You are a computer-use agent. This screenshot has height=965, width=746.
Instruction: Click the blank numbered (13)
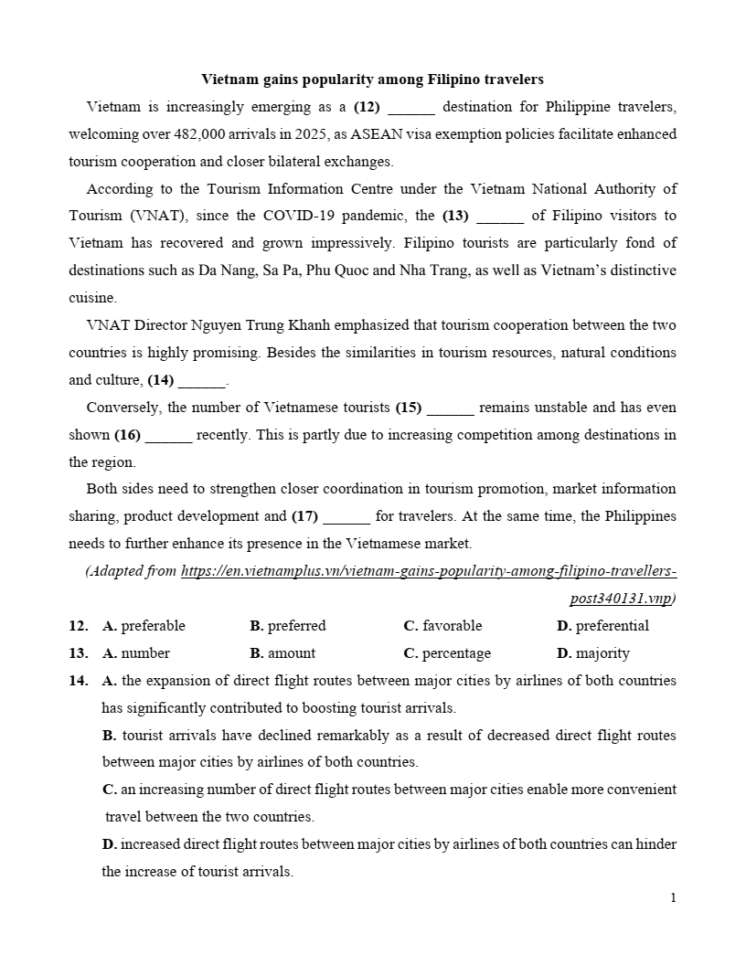[500, 217]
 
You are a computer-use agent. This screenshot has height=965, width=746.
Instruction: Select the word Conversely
[123, 408]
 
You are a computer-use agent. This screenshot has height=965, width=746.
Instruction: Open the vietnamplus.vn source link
[429, 571]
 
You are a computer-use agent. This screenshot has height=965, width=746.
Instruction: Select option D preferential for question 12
[602, 626]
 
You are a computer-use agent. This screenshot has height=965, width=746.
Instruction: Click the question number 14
[78, 681]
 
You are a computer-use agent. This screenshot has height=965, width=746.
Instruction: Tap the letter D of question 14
[108, 844]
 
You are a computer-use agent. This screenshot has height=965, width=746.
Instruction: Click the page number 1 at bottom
[673, 898]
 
